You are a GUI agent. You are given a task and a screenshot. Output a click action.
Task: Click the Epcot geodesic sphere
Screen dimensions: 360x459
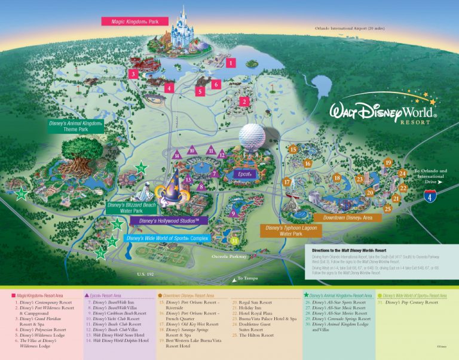252,138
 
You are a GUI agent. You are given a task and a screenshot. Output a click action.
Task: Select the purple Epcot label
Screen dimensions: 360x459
245,174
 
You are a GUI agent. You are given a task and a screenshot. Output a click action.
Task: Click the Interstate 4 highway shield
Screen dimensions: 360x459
430,195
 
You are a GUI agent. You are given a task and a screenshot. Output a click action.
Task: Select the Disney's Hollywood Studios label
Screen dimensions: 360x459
169,221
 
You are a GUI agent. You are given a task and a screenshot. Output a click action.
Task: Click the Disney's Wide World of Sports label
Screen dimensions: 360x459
166,238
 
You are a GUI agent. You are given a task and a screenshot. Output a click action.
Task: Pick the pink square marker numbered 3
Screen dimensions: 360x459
133,74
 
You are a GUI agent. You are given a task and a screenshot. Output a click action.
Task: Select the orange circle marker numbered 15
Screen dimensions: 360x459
293,149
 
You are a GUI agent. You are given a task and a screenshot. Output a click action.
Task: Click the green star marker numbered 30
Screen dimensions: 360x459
22,193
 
